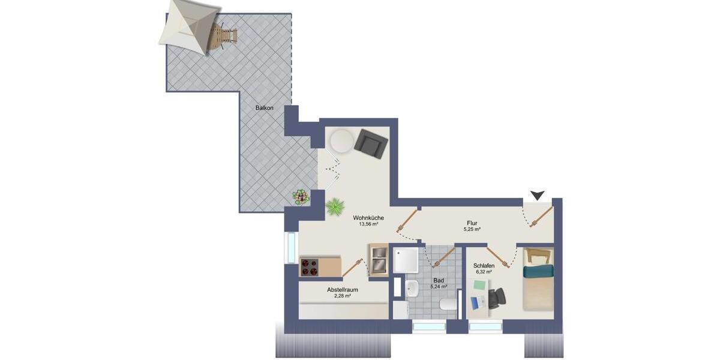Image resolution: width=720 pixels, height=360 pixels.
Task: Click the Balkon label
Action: point(264,108)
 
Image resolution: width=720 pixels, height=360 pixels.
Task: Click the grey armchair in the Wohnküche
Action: point(371,143)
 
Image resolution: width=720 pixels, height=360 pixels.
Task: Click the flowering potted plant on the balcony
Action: point(300,196)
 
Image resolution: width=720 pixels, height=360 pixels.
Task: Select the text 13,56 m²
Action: point(368,224)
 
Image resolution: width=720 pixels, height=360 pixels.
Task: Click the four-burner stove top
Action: point(310,267)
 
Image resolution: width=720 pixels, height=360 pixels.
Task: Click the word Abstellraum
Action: point(342,289)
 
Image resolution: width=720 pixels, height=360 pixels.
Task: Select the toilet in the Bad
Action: point(448,304)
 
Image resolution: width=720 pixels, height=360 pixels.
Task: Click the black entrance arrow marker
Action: point(538,195)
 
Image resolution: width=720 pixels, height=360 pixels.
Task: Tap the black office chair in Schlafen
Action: point(496,298)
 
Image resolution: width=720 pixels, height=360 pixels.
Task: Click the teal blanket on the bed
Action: point(537,272)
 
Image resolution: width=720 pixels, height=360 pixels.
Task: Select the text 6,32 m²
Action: point(483,272)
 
